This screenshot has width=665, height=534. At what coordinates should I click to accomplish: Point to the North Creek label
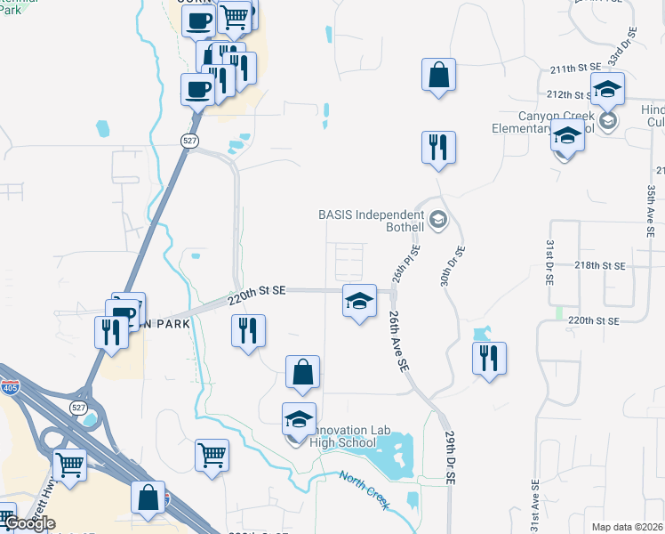(x=364, y=489)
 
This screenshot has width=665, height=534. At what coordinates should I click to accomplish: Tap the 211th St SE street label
(x=575, y=68)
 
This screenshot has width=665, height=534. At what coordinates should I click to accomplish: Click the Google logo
(x=28, y=523)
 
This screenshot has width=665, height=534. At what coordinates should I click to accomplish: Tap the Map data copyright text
(x=628, y=527)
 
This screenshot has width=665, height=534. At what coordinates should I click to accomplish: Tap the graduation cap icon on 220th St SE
(x=358, y=303)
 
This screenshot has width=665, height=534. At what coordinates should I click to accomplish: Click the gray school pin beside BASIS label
(x=437, y=219)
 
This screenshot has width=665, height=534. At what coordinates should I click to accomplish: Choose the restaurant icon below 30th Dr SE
(x=489, y=360)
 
